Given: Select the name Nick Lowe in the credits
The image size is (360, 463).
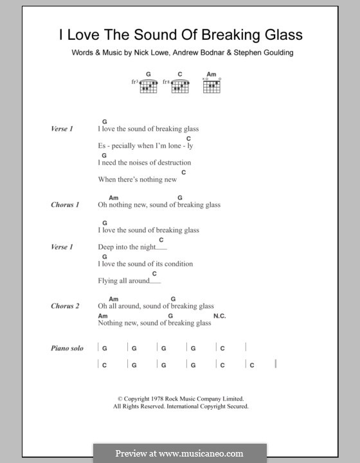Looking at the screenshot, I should tap(148, 53).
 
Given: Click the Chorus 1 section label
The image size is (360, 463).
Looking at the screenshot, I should tap(65, 205).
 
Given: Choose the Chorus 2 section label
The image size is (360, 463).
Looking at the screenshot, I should tap(65, 306).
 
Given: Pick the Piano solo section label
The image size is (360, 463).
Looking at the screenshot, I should tap(67, 349).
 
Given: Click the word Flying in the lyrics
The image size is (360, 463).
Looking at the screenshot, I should tap(108, 281).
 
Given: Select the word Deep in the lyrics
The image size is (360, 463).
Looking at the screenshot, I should tap(107, 247).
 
